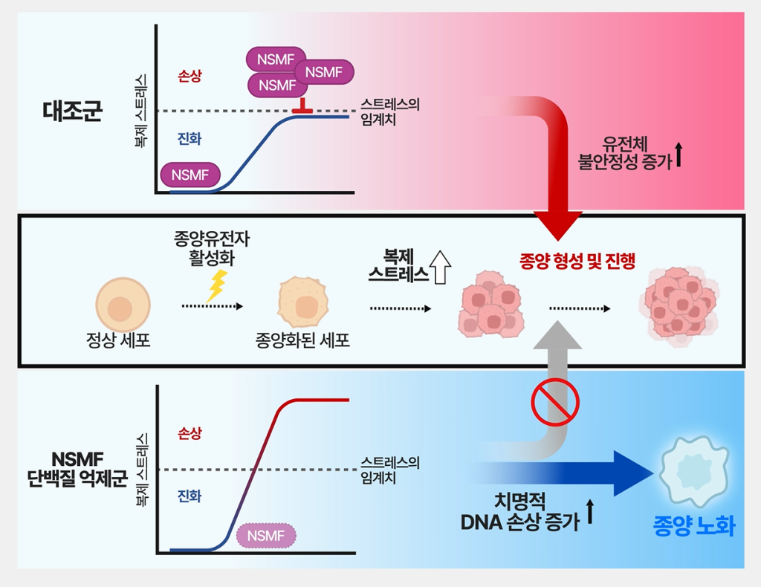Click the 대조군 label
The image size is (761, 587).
(x=72, y=111)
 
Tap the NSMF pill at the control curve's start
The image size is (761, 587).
(x=190, y=175)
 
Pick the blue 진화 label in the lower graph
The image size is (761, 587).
(x=189, y=496)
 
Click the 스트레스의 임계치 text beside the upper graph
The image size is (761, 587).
(x=389, y=111)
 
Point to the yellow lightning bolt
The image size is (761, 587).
(x=216, y=285)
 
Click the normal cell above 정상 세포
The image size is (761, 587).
(x=123, y=306)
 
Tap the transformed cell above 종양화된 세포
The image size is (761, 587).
(x=302, y=305)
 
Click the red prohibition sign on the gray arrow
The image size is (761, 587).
(x=554, y=401)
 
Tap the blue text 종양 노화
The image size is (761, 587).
(x=693, y=528)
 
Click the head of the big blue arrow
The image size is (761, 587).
(x=632, y=473)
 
